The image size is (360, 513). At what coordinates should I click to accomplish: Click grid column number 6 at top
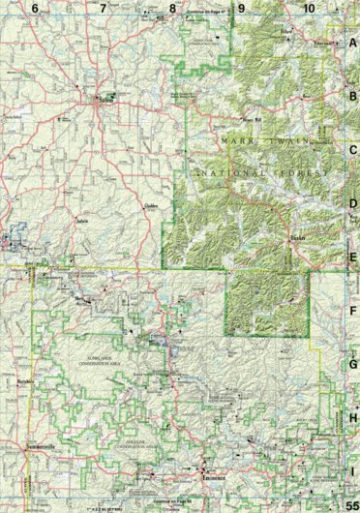35,8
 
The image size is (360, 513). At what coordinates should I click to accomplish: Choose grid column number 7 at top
103,8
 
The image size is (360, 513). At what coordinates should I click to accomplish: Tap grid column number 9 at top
241,8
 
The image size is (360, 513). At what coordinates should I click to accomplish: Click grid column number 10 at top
309,8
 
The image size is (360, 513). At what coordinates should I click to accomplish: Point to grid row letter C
353,150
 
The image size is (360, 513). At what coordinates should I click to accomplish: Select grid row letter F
353,312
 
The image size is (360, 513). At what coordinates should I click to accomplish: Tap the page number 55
350,501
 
